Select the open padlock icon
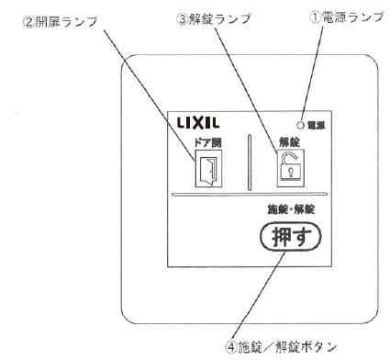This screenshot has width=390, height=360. tap(292, 168)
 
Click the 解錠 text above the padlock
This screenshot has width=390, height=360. tap(293, 143)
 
